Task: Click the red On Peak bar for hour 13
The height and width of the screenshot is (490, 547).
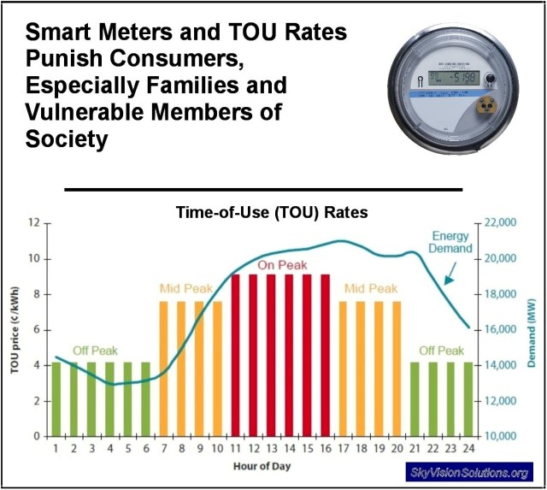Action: (x=271, y=355)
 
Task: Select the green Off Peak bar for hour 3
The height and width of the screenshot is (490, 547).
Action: (x=91, y=399)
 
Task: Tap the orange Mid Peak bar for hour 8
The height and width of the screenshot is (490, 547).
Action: (x=181, y=368)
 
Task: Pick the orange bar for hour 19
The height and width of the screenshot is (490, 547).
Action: (x=378, y=368)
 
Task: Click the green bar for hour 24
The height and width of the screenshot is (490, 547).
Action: (x=468, y=399)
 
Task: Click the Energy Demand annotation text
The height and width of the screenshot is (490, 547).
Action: (x=450, y=241)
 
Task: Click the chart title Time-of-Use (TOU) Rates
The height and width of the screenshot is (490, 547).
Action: (x=272, y=212)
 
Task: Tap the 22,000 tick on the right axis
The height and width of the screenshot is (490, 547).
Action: (x=503, y=222)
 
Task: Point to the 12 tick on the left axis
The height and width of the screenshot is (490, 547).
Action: (x=35, y=222)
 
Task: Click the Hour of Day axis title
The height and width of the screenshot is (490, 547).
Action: (x=263, y=466)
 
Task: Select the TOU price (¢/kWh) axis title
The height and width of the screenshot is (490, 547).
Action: (x=14, y=329)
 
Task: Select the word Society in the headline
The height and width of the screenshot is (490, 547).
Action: (x=67, y=139)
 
